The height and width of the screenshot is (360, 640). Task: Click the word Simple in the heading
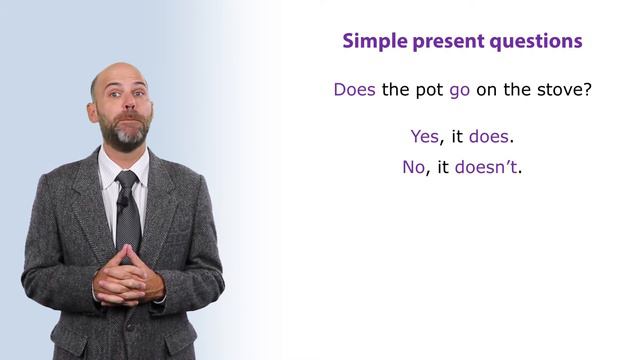tap(371, 42)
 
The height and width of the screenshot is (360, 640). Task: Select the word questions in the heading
tap(538, 43)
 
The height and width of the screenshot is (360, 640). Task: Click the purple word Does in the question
tap(354, 89)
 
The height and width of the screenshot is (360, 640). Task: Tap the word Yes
tap(425, 136)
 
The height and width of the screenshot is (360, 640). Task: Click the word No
tap(414, 167)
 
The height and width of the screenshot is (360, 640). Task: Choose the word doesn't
tap(487, 167)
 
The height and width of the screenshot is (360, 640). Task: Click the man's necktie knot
tap(127, 179)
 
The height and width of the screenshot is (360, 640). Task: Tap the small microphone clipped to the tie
tap(122, 201)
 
